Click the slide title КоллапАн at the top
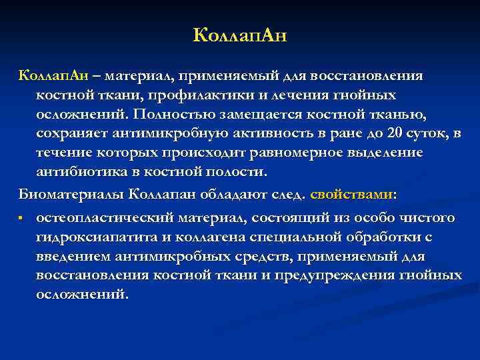coord(239,35)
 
